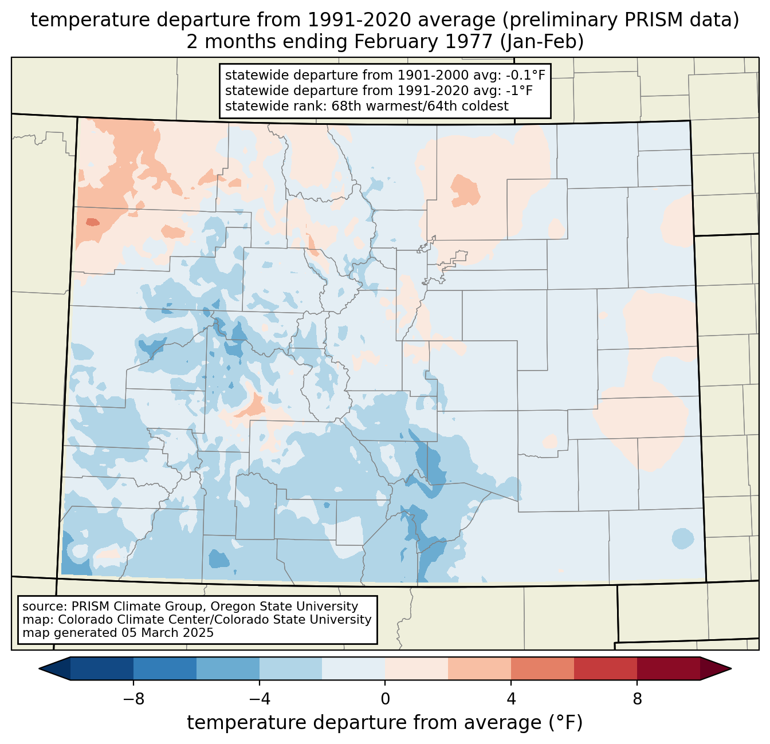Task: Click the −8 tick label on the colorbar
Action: pos(133,699)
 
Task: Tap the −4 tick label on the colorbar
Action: pos(259,699)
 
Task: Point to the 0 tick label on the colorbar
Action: pos(385,699)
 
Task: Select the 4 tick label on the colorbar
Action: pos(511,699)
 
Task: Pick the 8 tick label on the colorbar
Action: pos(637,699)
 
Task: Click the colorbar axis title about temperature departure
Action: pos(385,723)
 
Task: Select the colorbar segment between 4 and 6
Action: pos(542,668)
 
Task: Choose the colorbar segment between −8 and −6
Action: pos(164,668)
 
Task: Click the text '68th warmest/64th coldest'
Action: pos(420,106)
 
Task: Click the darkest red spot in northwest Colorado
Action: pos(92,222)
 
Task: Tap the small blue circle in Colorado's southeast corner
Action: pos(682,538)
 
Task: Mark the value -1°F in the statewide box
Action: pos(521,90)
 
